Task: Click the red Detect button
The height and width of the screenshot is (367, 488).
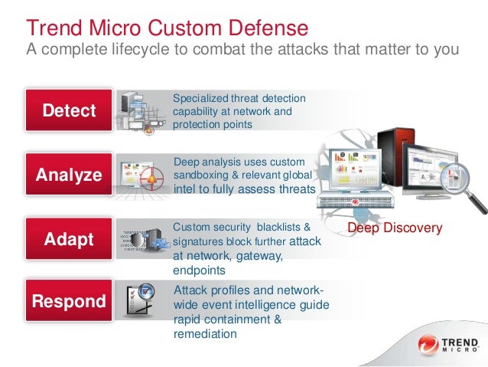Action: tap(69, 110)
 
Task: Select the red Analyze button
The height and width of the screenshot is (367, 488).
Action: tap(69, 175)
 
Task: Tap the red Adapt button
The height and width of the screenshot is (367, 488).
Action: tap(69, 238)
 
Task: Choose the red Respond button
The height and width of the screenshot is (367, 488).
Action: tap(69, 301)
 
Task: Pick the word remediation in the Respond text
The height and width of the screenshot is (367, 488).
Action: tap(206, 333)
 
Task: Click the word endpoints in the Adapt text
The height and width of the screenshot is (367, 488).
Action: tap(200, 270)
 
